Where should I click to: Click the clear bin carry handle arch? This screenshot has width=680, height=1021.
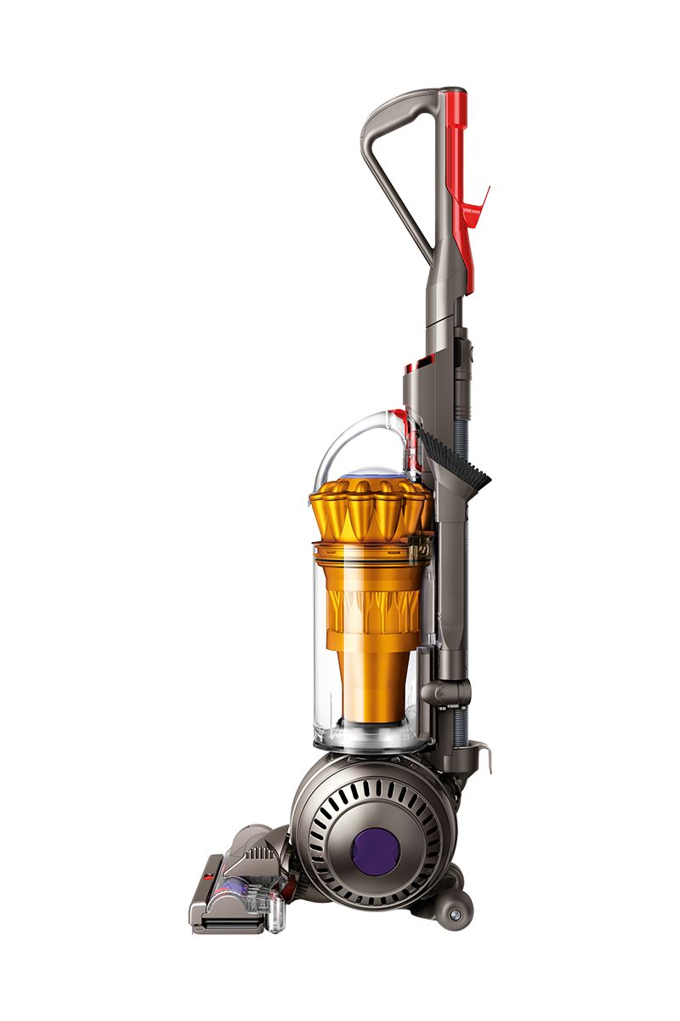(348, 434)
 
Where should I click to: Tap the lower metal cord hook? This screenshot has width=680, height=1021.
(483, 752)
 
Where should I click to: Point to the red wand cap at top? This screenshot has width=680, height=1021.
(455, 119)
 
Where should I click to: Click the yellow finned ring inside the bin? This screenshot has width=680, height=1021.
(367, 606)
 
